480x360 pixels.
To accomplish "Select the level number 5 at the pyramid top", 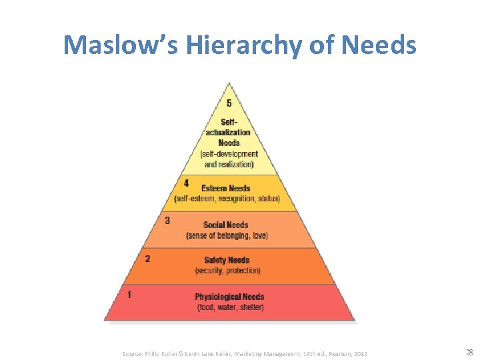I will coord(229,103).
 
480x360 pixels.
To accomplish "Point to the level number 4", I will coord(186,183).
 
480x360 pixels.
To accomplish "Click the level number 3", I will coord(167,220).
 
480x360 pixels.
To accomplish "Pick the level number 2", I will coord(147,258).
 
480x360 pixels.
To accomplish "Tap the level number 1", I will coord(129,294).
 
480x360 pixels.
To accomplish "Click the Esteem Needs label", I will coord(226,189).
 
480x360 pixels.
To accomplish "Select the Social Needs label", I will coord(226,225).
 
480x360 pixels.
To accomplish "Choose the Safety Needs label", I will coord(227,261).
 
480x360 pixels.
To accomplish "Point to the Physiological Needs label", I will coord(229,297).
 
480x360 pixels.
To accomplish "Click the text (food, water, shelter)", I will coord(231,307).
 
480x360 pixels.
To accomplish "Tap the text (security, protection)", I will coord(228,271).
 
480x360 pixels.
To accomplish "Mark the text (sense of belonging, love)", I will coord(227,235).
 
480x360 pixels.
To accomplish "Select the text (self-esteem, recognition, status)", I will coord(227,199).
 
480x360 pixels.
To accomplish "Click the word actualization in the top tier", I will coord(228,133).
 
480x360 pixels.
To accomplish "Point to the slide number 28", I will coord(469,353).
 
